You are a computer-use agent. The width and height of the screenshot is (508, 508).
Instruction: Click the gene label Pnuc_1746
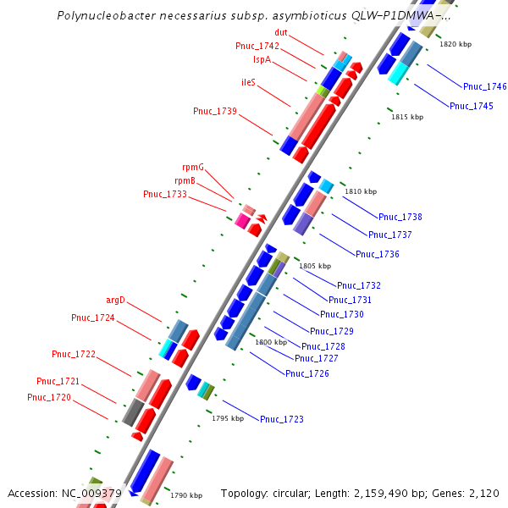pos(485,86)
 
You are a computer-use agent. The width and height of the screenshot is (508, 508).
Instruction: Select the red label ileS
pos(248,82)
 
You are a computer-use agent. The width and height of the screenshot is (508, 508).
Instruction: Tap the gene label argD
pos(115,300)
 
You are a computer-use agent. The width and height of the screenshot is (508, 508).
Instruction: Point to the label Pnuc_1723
pos(282,419)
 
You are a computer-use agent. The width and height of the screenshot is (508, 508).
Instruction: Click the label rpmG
pos(193,167)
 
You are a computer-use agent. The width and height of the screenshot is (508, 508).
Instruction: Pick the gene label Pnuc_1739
pos(215,111)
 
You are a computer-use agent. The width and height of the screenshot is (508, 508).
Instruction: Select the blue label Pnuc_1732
pos(359,285)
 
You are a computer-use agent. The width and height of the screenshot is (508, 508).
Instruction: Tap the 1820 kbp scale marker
pos(456,44)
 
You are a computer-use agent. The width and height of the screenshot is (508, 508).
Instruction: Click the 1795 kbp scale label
pos(228,418)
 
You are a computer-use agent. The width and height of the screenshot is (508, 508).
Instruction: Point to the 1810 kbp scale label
pos(361,192)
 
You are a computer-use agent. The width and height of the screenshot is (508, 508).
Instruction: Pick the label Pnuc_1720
pos(49,397)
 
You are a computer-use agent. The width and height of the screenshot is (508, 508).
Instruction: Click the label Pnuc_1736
pos(378,254)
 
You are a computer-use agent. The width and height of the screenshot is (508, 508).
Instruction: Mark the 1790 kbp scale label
pos(186,495)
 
